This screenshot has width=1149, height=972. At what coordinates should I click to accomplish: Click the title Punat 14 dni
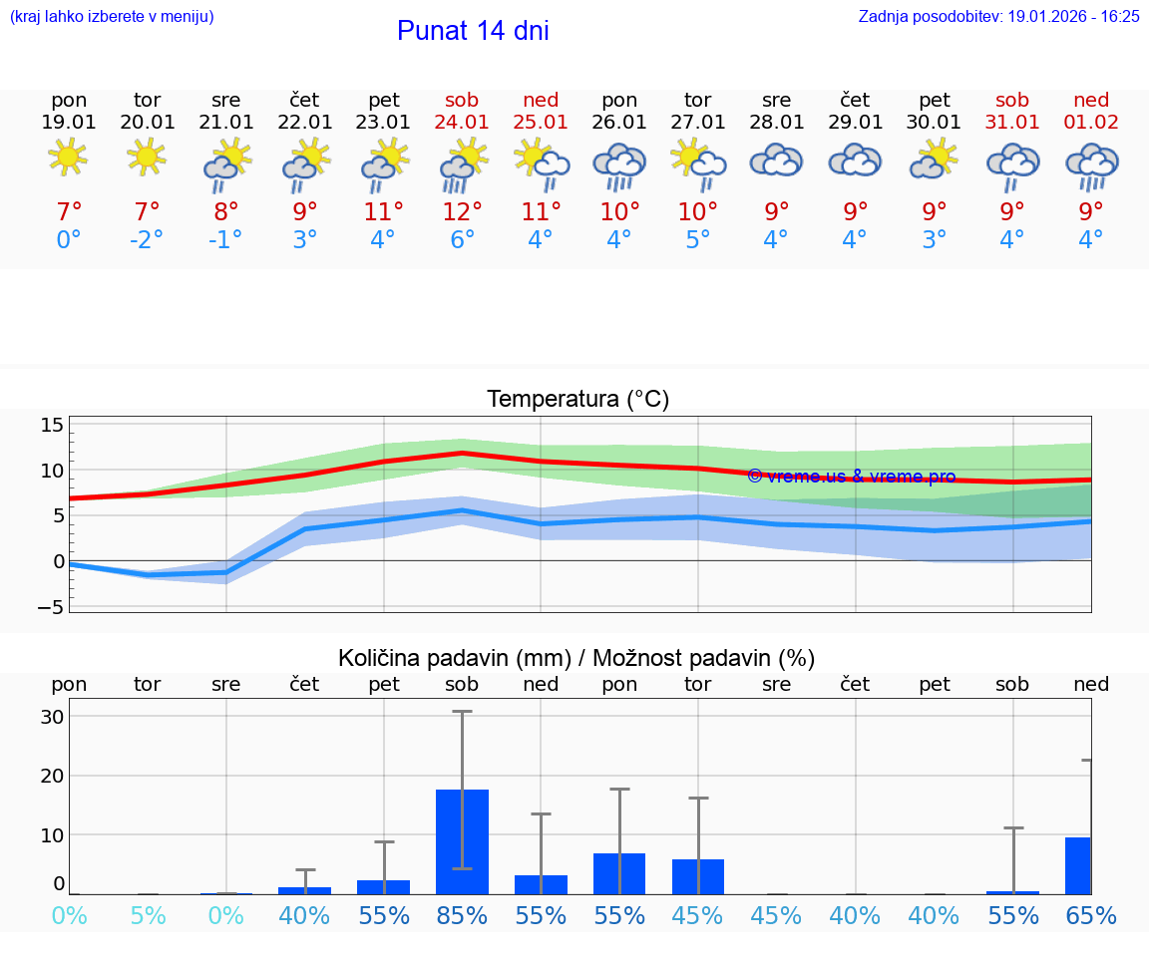click(473, 31)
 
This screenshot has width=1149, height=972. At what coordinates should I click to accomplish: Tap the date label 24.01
click(462, 122)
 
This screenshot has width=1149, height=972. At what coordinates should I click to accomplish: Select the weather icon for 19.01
click(68, 158)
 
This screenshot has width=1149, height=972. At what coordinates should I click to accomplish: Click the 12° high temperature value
click(462, 211)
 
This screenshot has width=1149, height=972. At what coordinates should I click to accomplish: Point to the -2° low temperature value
click(147, 240)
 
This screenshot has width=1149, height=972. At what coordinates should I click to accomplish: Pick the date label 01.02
click(1091, 122)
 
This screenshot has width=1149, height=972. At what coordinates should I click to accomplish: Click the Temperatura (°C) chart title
click(577, 400)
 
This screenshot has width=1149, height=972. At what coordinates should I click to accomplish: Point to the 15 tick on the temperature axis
click(52, 426)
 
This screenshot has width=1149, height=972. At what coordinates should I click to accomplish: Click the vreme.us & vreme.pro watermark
click(851, 477)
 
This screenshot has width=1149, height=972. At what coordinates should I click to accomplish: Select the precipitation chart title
click(576, 658)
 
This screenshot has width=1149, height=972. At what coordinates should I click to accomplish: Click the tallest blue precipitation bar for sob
click(462, 841)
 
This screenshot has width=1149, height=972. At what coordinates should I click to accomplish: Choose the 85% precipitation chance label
click(462, 916)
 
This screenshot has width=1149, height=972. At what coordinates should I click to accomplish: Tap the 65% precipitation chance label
click(1091, 916)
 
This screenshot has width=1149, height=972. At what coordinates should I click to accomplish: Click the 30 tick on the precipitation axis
click(52, 717)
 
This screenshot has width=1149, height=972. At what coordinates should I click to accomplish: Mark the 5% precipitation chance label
click(148, 916)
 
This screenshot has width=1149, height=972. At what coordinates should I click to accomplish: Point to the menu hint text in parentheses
click(112, 16)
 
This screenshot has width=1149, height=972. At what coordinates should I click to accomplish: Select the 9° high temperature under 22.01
click(304, 211)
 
